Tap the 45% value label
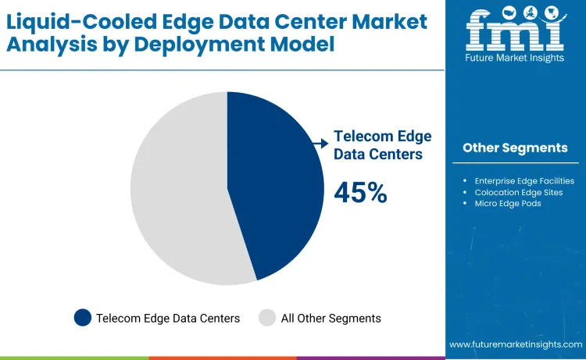[360, 192]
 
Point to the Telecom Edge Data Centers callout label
[382, 145]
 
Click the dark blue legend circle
[82, 318]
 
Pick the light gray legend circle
[267, 318]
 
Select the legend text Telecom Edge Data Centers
[167, 318]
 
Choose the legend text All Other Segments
[331, 318]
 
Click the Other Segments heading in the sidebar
[515, 148]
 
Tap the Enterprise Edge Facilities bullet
[523, 180]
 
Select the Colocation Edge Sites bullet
[518, 192]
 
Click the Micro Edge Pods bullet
[507, 203]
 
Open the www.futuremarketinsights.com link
[516, 344]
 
